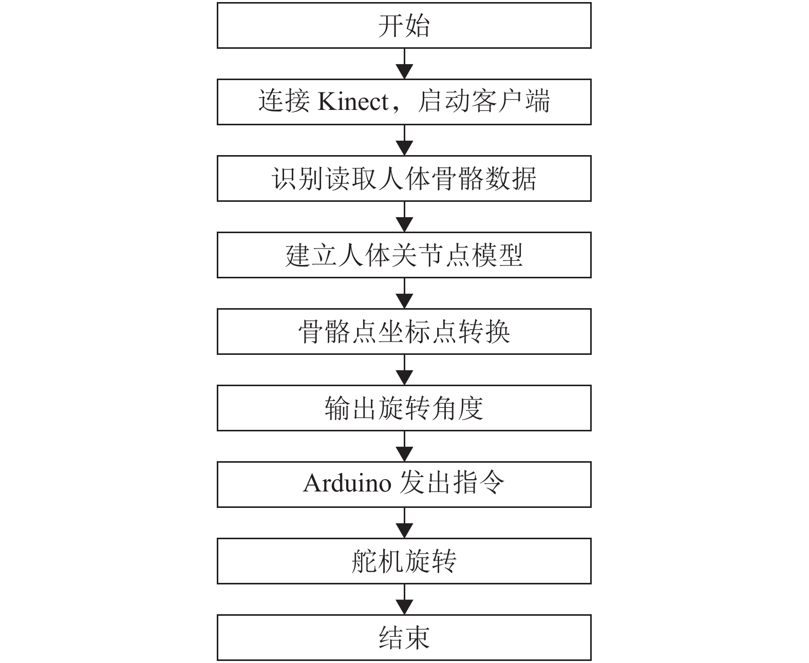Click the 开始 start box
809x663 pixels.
(404, 26)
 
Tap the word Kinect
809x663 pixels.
(353, 102)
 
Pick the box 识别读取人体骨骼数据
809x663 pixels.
(404, 179)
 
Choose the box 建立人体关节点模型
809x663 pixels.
(404, 255)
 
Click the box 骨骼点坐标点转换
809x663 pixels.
(404, 332)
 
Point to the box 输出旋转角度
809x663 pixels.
(404, 408)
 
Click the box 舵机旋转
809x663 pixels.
(404, 561)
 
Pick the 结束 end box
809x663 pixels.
(404, 638)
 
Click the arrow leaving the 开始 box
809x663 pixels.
(405, 64)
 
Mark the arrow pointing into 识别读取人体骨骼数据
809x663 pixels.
(405, 141)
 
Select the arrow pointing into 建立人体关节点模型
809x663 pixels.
(405, 217)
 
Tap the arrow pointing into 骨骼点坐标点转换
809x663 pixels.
(405, 294)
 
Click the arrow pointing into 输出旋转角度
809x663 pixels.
(405, 370)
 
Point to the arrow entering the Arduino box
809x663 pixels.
(405, 447)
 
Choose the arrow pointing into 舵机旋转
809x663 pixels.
(405, 523)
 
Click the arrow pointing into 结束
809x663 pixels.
(405, 600)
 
